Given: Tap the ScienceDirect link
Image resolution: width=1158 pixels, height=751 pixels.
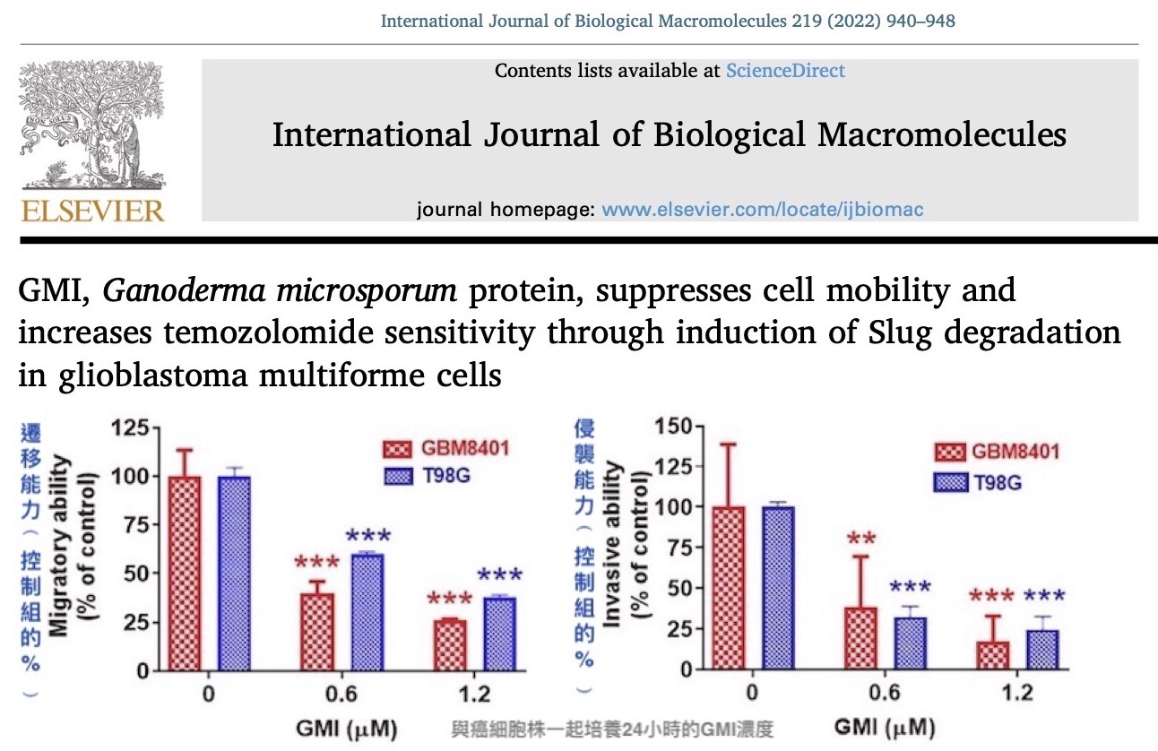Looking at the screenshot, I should tap(785, 70).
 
